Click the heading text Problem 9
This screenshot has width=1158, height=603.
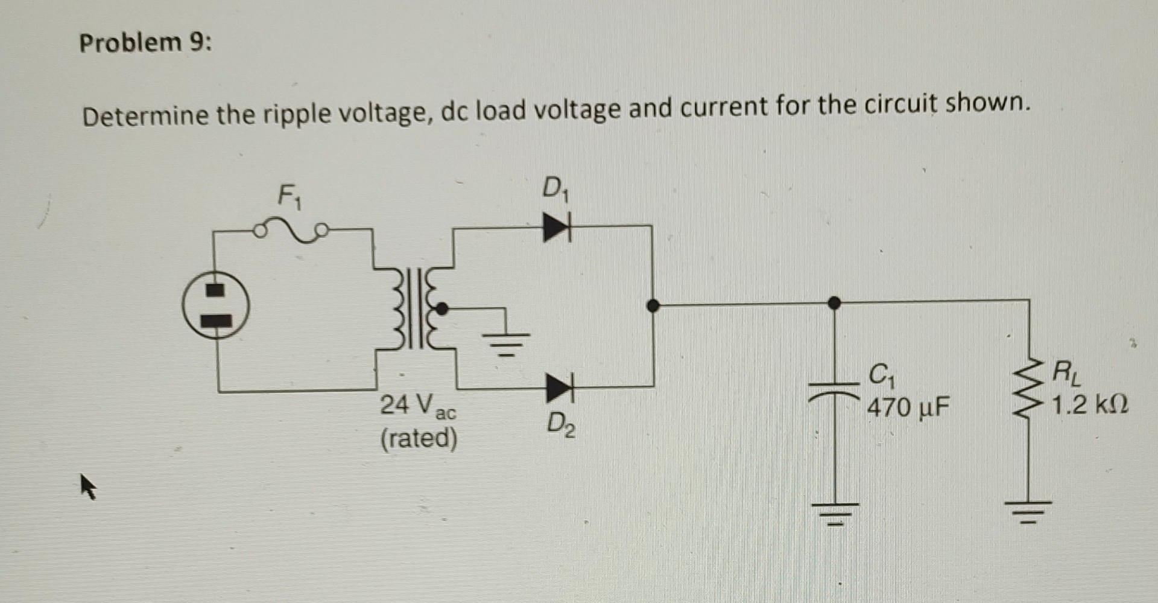coord(146,43)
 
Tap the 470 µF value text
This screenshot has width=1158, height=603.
coord(908,408)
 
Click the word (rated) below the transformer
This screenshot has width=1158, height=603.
coord(419,438)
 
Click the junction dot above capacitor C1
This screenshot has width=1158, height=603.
coord(834,302)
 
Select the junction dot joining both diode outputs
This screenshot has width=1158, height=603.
coord(652,305)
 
